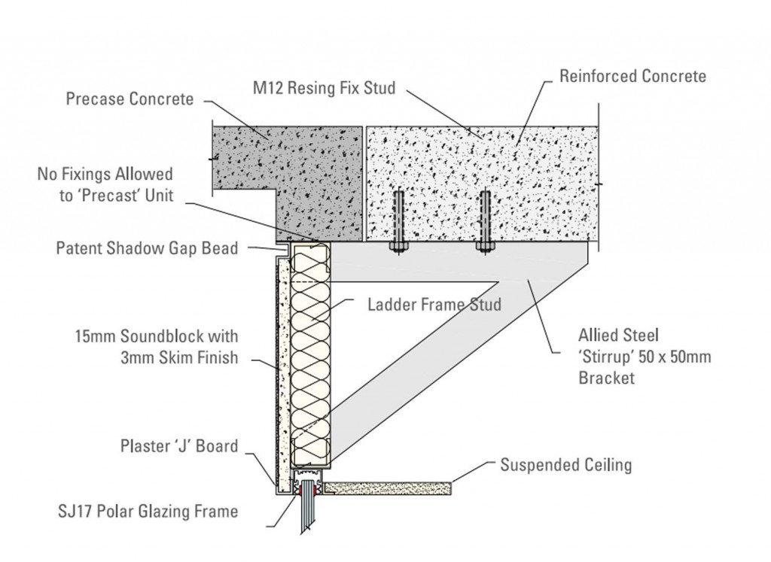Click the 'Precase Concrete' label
coord(130,99)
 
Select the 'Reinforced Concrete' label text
coord(632,76)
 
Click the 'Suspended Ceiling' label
coord(566,465)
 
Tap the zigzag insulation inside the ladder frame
coord(309,354)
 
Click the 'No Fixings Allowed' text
coord(105,175)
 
